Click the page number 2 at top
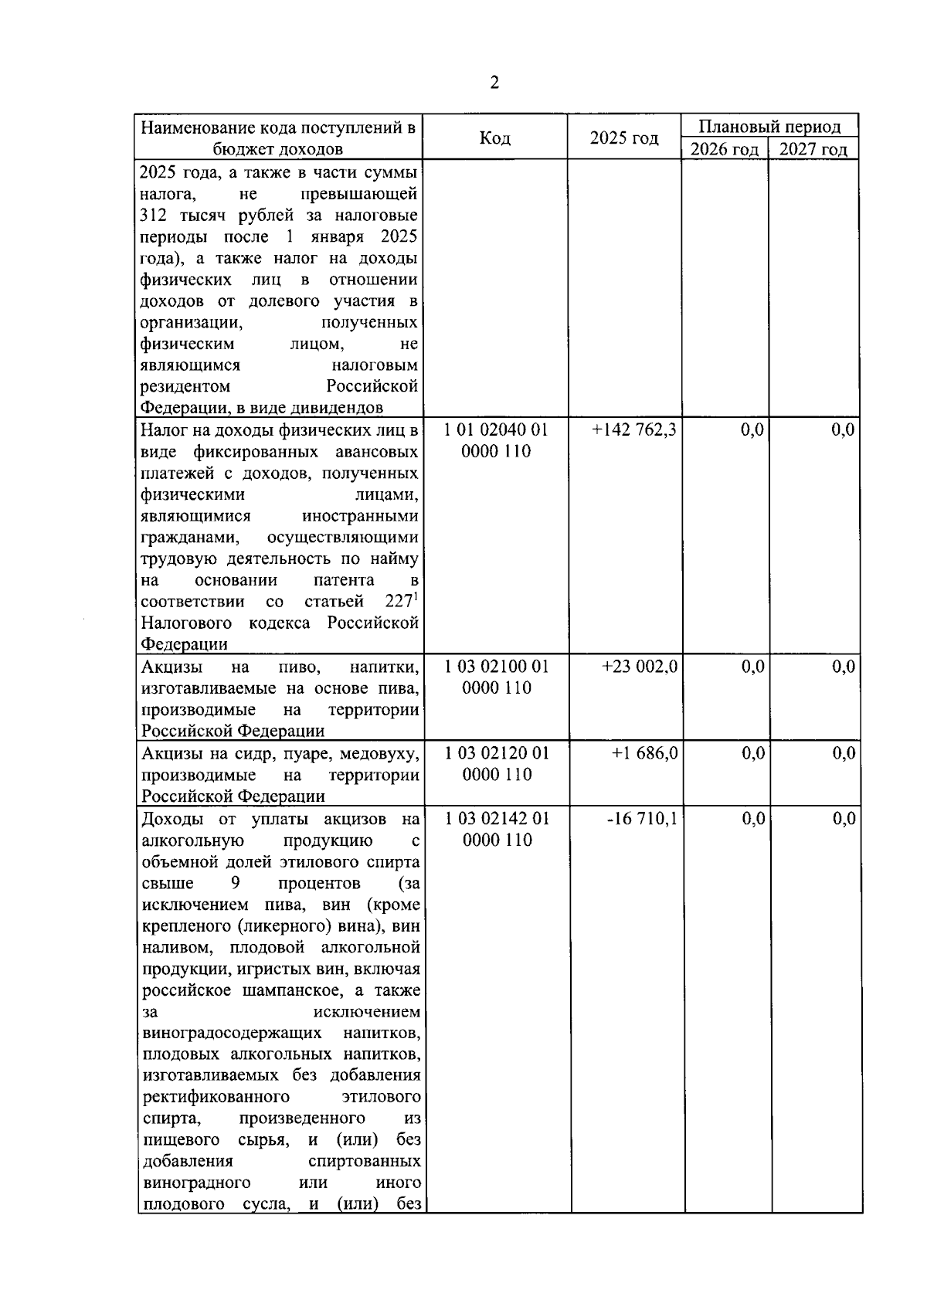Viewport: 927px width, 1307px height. click(494, 83)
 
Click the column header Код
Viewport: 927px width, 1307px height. click(494, 137)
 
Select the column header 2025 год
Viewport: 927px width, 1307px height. click(623, 137)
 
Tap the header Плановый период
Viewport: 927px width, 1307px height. click(769, 126)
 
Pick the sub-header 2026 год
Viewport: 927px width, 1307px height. click(724, 149)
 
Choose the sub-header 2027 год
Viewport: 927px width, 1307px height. click(813, 149)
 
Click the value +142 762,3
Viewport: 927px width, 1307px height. click(633, 430)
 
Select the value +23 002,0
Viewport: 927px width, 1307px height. click(640, 667)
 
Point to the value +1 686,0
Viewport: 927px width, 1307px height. click(645, 753)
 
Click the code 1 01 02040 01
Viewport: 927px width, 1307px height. click(496, 430)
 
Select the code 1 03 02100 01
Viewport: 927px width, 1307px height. click(496, 667)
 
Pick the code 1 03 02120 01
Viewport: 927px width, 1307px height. click(496, 753)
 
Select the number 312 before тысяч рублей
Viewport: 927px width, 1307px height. click(154, 215)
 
